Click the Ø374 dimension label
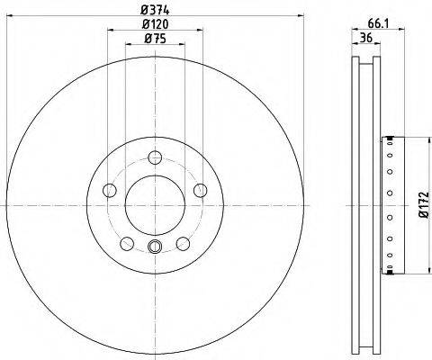tap(155, 11)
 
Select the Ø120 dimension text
tap(155, 24)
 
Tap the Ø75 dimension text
tap(155, 39)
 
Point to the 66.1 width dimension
tap(378, 23)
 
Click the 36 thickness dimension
tap(366, 38)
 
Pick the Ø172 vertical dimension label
tap(424, 205)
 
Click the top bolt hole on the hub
tap(155, 157)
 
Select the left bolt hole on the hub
tap(110, 190)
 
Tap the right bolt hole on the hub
tap(200, 190)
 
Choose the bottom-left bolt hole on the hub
tap(127, 243)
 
